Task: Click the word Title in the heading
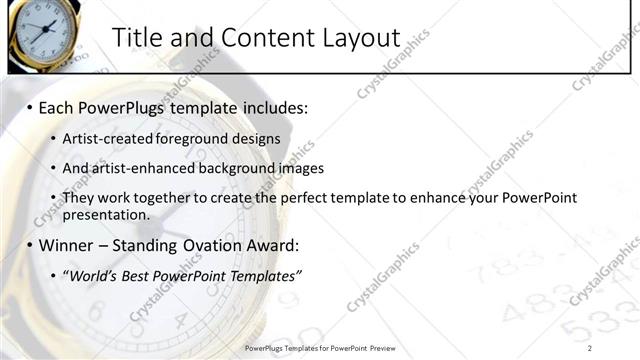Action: tap(136, 38)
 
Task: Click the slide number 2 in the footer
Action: tap(590, 348)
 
